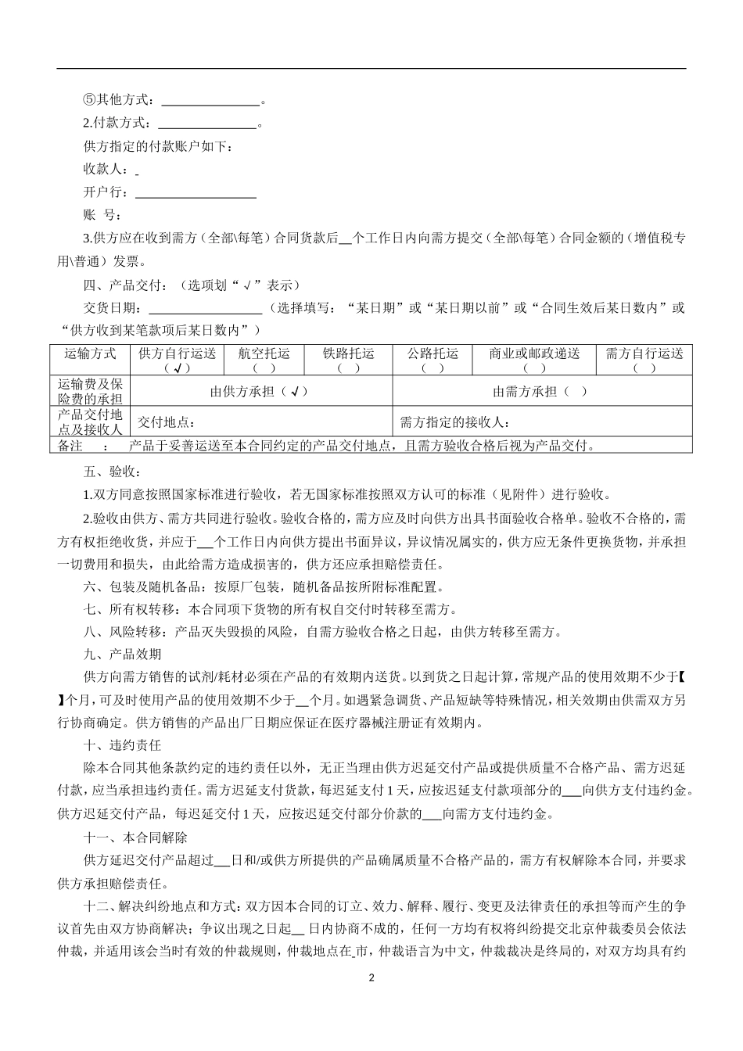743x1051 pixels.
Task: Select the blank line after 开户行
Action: (196, 193)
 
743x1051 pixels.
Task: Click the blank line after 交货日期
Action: (205, 309)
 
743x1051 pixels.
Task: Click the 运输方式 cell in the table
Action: (90, 354)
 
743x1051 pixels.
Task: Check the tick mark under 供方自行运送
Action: (177, 368)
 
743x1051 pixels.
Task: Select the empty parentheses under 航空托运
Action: (263, 368)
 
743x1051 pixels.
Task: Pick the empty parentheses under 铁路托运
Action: (348, 368)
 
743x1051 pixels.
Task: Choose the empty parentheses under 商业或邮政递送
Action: (534, 368)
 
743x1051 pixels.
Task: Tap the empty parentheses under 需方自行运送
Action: (644, 368)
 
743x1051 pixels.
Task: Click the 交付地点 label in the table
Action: (165, 423)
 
